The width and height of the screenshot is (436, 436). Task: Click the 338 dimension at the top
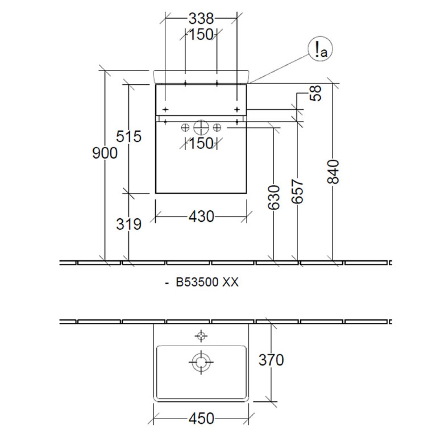point(201,19)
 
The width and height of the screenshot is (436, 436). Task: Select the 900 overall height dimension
point(105,153)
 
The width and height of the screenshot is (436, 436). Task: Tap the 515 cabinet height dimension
point(129,136)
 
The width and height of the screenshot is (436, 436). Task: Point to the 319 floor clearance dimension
point(129,224)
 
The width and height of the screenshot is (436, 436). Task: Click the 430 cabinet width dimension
point(201,216)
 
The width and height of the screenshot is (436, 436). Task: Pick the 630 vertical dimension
point(274,197)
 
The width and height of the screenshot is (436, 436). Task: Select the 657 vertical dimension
point(297,191)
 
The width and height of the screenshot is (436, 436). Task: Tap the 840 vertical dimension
point(333,171)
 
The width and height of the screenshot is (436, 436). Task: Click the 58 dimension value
point(315,93)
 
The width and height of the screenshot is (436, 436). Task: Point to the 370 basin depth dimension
point(271,360)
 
